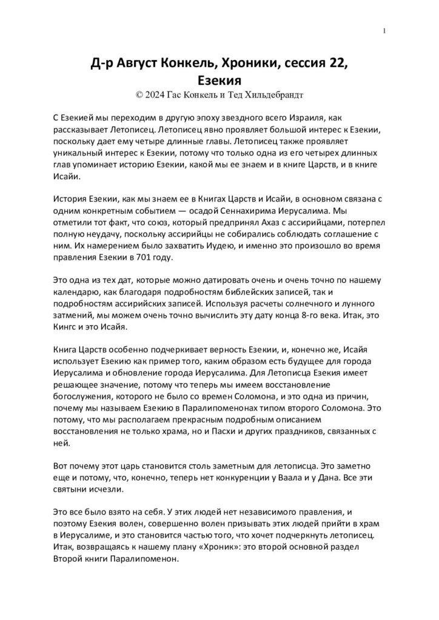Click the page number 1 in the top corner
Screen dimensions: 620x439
tap(385, 31)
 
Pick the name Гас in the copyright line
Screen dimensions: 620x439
tap(181, 94)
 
